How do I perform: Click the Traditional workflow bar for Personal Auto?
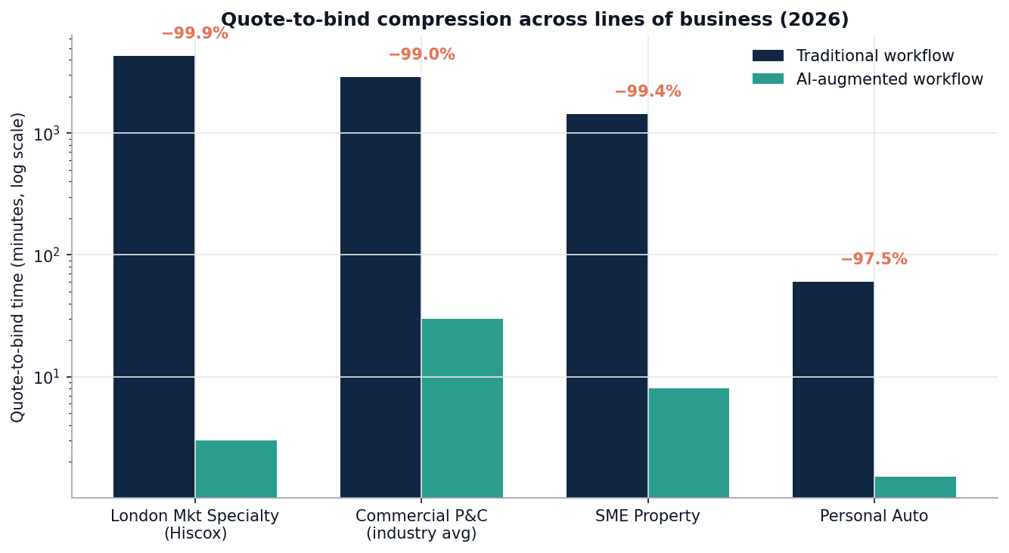click(833, 389)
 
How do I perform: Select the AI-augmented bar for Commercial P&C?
click(462, 408)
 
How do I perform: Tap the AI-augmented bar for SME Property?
click(688, 443)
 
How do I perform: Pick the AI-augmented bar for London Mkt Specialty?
click(236, 468)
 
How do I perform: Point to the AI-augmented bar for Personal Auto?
click(915, 487)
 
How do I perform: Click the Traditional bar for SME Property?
click(607, 305)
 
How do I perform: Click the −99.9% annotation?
click(194, 34)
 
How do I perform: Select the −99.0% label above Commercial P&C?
click(421, 55)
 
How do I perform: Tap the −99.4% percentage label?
click(647, 92)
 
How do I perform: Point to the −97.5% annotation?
click(874, 260)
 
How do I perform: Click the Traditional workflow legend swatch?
click(768, 56)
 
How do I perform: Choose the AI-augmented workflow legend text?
click(889, 79)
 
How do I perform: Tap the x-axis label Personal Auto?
click(874, 517)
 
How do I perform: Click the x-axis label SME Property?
click(647, 517)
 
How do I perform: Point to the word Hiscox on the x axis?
click(195, 533)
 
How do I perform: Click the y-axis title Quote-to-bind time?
click(18, 267)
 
